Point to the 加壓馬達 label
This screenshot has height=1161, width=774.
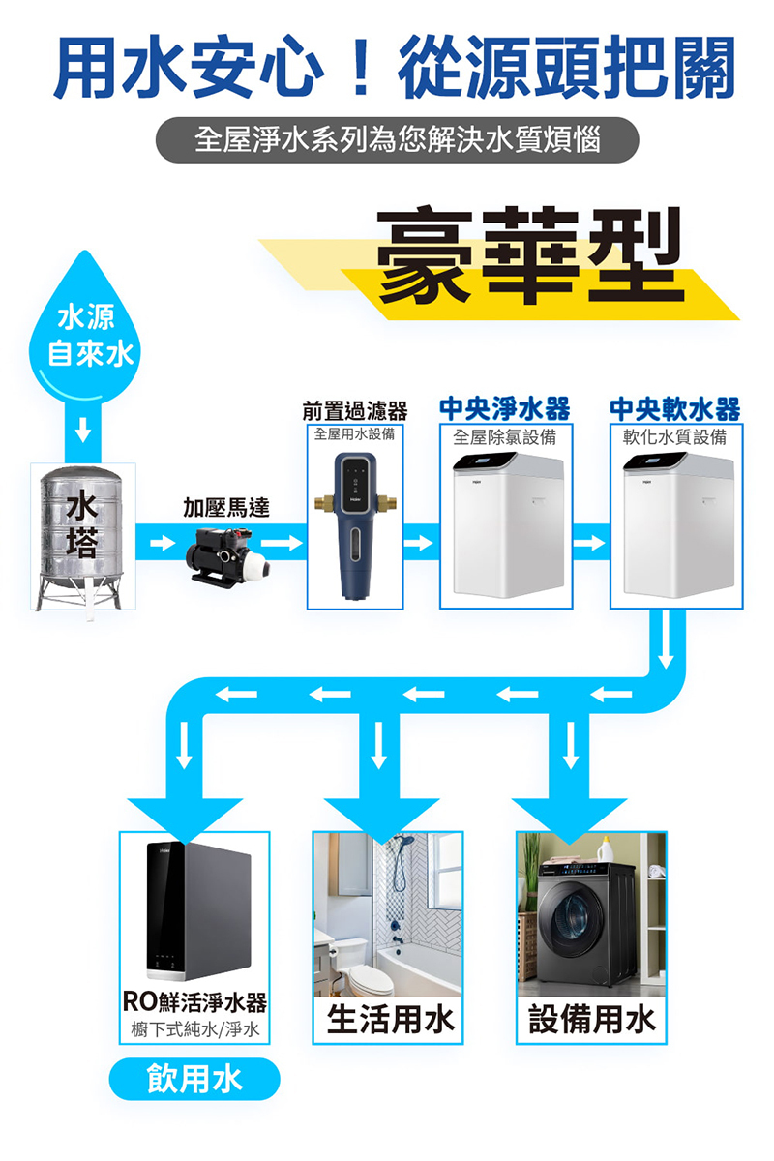(x=227, y=507)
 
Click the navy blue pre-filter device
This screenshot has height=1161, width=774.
(x=354, y=527)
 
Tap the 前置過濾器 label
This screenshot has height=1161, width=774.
(x=354, y=410)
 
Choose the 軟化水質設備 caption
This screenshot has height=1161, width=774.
(x=675, y=436)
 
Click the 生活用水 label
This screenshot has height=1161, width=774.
(x=389, y=1019)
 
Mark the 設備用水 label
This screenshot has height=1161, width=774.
(x=591, y=1019)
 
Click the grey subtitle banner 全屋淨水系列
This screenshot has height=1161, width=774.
(x=397, y=140)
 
